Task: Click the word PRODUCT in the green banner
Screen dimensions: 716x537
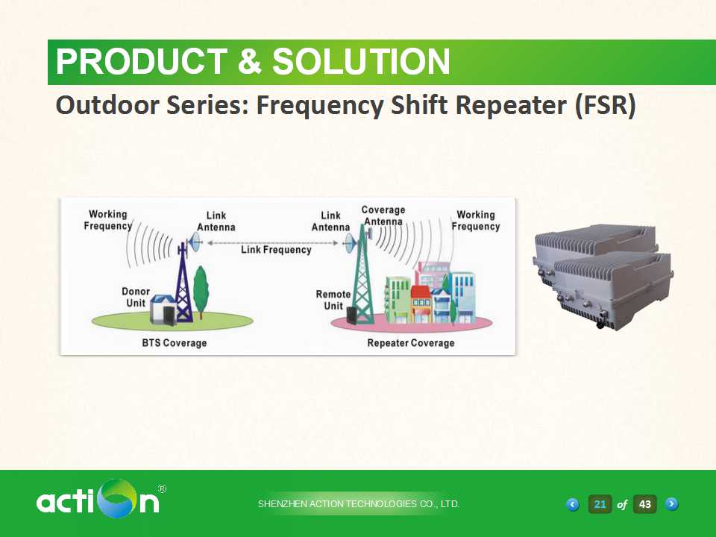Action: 142,62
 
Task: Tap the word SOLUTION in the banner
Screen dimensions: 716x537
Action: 361,62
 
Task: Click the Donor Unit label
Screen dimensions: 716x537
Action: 136,298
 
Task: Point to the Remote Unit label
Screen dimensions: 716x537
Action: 333,300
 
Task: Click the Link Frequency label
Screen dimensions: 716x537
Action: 276,250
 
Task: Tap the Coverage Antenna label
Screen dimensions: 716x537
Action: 383,216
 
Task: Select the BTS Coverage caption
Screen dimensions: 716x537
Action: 175,343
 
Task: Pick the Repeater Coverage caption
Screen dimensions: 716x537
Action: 411,343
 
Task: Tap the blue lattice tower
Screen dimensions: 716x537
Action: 183,283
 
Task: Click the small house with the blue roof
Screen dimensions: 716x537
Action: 163,309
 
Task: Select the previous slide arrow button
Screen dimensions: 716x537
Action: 573,505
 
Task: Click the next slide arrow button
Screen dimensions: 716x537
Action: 672,504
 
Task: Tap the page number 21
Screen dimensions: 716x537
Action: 600,504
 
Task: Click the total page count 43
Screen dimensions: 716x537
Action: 644,504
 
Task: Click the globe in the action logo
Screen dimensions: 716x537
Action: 119,498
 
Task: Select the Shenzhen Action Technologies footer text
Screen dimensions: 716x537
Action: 359,504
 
